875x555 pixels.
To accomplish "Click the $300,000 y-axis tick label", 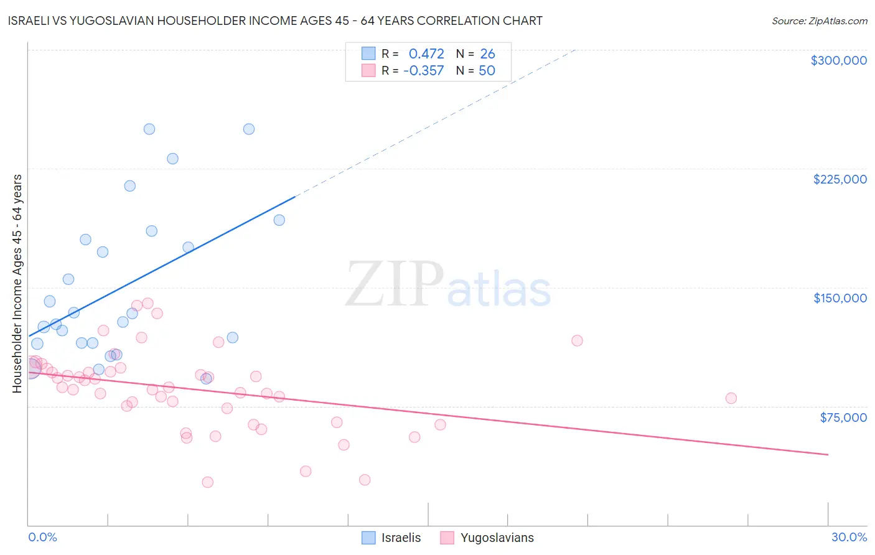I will coord(838,60).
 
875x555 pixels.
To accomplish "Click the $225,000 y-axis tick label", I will coord(840,179).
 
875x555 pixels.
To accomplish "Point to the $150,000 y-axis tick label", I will coord(840,298).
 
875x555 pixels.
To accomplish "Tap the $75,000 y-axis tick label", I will coord(843,417).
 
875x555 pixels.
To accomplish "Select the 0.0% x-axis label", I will coord(42,537).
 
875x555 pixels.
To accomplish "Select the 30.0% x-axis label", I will coord(849,537).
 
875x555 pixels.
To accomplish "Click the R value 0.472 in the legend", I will coord(426,54).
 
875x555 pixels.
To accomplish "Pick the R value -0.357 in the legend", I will coord(423,70).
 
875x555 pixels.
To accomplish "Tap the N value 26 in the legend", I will coord(487,54).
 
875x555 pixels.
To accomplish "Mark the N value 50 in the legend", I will coord(487,70).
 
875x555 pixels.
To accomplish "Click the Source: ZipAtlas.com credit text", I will coord(819,21).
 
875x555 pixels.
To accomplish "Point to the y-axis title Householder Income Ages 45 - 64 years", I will coord(17,284).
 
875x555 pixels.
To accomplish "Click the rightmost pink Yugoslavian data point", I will coord(731,398).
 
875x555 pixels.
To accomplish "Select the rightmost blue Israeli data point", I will coord(279,220).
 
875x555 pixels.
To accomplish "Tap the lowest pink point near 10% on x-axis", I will coord(208,482).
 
